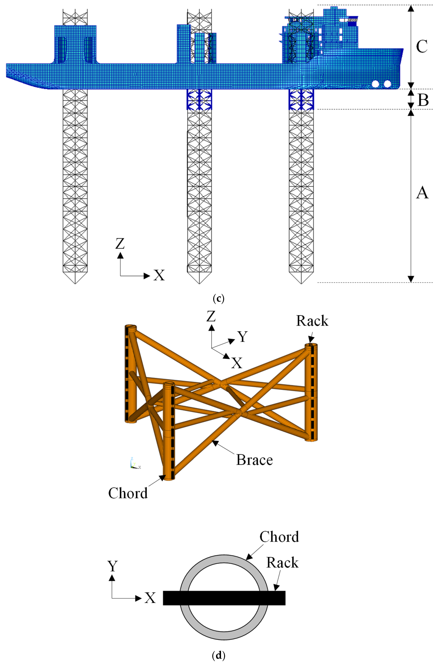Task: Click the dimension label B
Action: [423, 99]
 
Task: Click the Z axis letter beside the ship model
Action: [120, 244]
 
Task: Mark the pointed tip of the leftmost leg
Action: [75, 283]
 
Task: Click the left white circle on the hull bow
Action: [376, 84]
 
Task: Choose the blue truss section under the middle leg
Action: [199, 99]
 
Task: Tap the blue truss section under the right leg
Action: [301, 99]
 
